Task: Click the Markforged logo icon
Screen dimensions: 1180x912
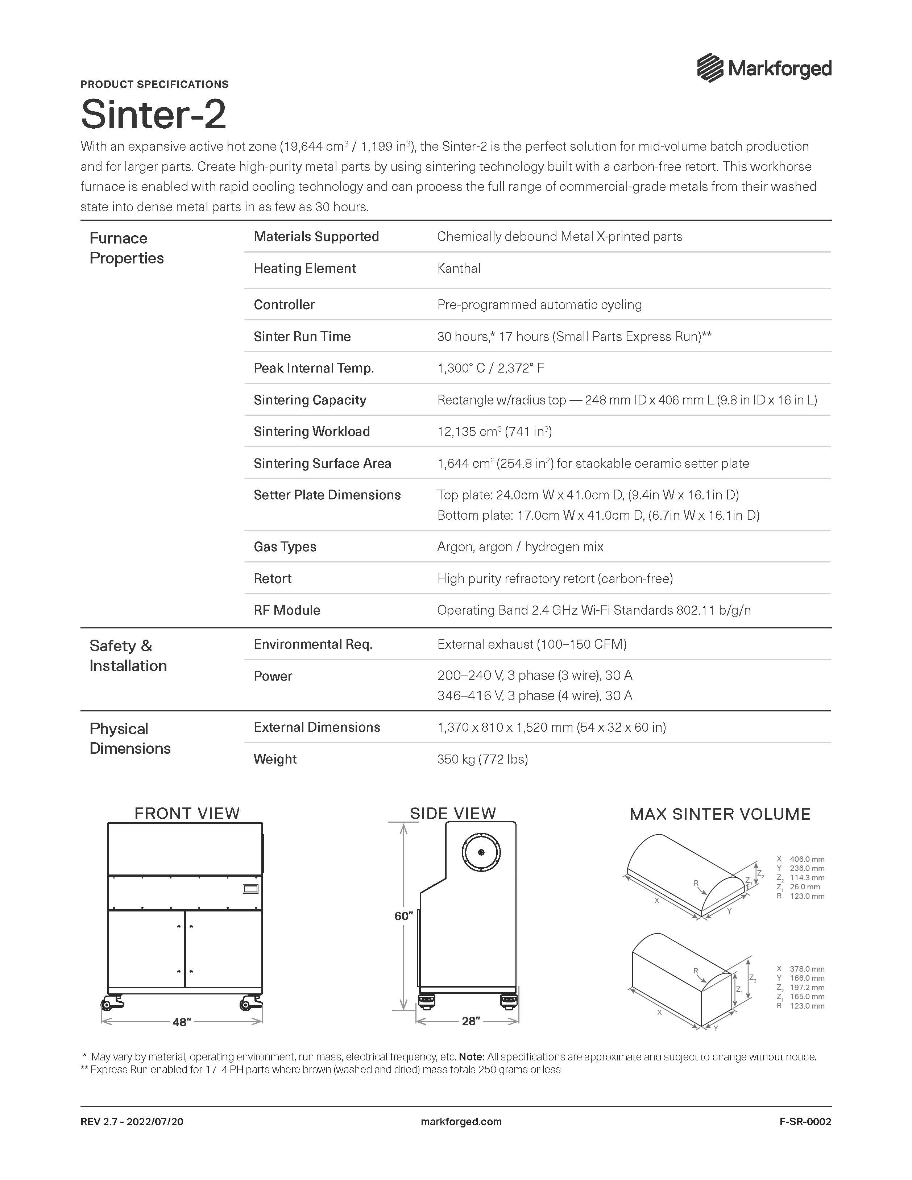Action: (x=710, y=68)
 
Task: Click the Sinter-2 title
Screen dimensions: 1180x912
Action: (x=153, y=114)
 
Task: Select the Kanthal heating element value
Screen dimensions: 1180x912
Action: (x=459, y=269)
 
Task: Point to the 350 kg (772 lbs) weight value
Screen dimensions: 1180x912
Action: (x=482, y=759)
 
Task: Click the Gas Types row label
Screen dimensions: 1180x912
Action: (x=285, y=547)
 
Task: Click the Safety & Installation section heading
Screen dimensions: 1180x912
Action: (x=128, y=655)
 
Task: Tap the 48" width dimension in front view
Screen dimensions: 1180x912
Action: (x=182, y=1022)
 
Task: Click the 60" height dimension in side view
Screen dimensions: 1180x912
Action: (x=403, y=916)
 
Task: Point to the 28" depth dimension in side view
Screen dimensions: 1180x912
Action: (x=470, y=1021)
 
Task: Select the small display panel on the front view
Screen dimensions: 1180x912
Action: (x=250, y=889)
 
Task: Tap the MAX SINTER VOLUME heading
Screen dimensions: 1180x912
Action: (x=720, y=814)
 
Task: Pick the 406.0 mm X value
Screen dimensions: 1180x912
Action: (x=807, y=859)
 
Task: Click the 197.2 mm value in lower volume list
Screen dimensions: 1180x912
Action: (x=807, y=988)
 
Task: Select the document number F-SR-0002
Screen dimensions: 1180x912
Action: (x=805, y=1122)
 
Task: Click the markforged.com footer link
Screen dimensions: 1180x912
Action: (x=461, y=1122)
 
